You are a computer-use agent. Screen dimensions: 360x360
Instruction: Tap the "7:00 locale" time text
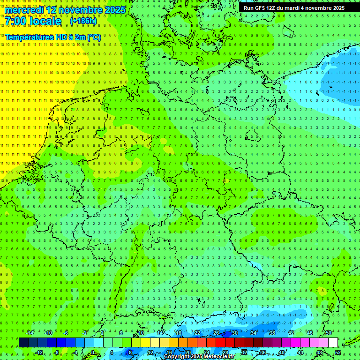tap(33, 22)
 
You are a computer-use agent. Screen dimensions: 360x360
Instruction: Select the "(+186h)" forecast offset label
tap(83, 21)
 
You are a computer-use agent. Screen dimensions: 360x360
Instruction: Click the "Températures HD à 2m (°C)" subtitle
tap(52, 37)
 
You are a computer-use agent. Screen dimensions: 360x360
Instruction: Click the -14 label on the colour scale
tap(30, 333)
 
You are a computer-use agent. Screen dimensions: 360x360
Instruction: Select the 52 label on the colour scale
tap(338, 352)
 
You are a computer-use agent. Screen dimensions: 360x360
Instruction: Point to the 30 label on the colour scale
tap(235, 333)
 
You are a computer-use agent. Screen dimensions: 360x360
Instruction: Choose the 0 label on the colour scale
tap(92, 352)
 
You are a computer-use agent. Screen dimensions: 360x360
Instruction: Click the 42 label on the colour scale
tap(291, 333)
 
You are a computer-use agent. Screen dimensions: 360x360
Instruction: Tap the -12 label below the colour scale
tap(39, 352)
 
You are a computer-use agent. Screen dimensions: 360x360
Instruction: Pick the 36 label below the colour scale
tap(263, 352)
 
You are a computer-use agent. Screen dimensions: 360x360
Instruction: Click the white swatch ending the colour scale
tap(333, 343)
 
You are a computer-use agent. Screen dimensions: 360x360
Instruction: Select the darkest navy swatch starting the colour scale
tap(23, 343)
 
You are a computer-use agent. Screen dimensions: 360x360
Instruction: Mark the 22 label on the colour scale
tap(197, 333)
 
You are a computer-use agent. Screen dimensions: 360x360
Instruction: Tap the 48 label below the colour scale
tap(319, 352)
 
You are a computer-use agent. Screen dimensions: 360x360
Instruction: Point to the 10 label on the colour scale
tap(141, 333)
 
